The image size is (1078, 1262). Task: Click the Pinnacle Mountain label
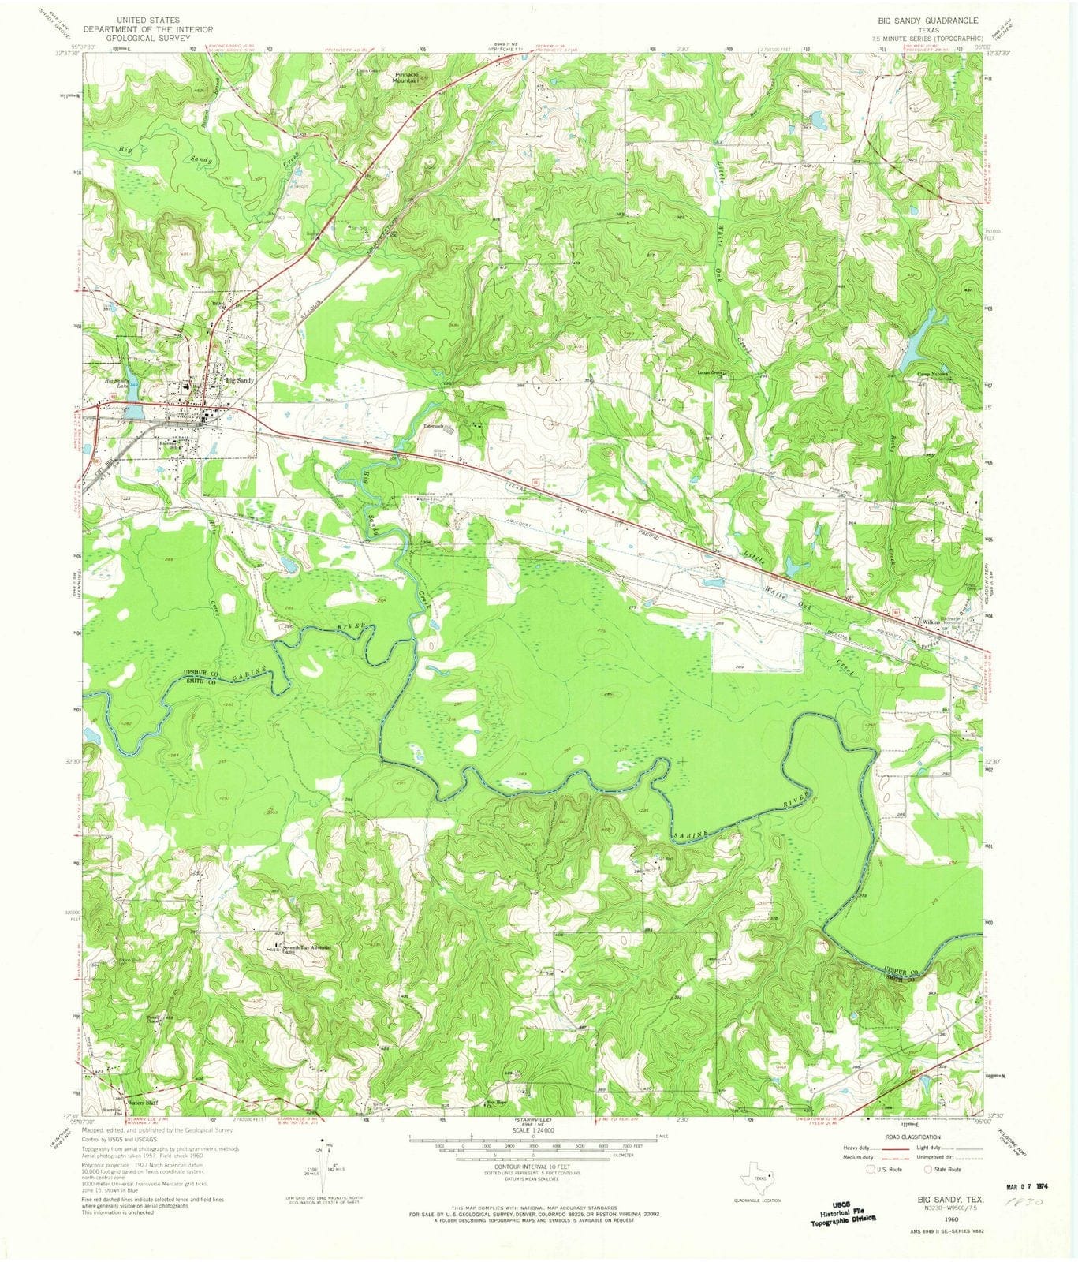coord(406,77)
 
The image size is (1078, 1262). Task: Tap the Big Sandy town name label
coord(241,381)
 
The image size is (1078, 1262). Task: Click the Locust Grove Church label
coord(712,374)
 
